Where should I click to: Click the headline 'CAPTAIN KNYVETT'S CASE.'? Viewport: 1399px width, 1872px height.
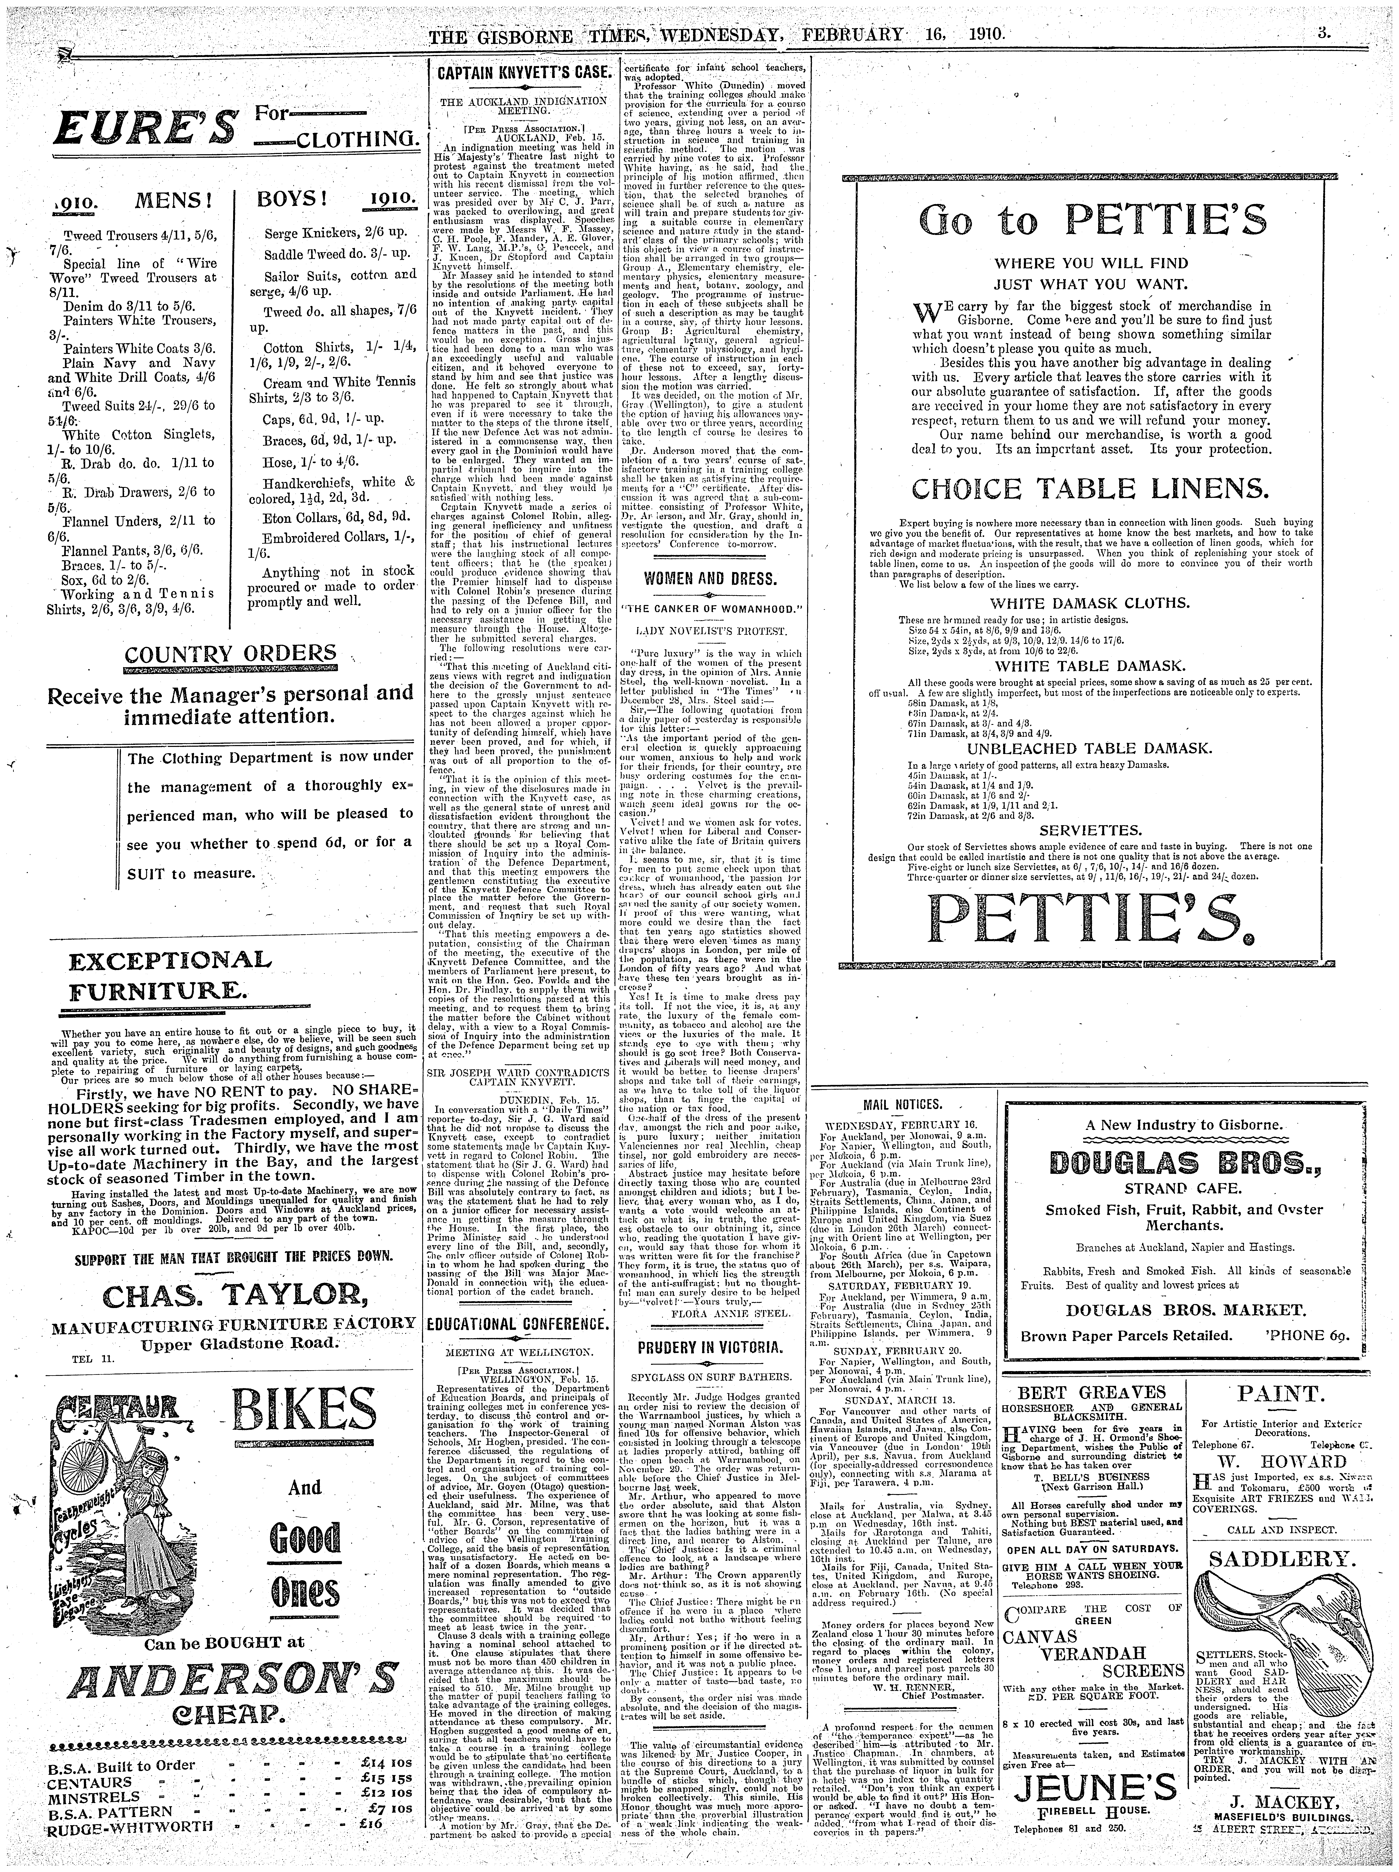coord(521,74)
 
